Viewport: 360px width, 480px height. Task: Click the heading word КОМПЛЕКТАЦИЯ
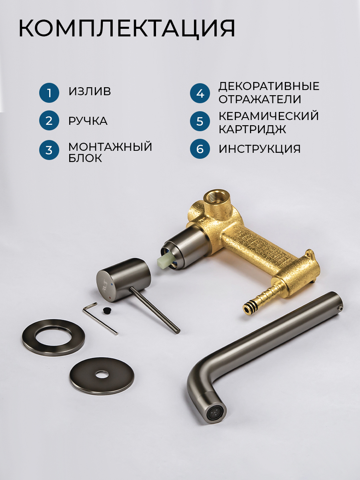tap(127, 28)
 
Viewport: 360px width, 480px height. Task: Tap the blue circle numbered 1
tap(49, 93)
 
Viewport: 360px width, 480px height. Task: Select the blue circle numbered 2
tap(49, 120)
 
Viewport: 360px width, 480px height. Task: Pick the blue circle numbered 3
tap(49, 150)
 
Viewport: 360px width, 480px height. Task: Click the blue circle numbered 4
tap(200, 93)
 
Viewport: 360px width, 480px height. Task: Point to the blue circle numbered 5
tap(200, 121)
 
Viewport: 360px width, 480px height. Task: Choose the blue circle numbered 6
tap(200, 149)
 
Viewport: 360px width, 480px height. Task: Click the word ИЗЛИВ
tap(90, 91)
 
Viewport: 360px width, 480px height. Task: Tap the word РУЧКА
tap(88, 121)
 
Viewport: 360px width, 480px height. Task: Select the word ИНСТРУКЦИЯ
tap(260, 149)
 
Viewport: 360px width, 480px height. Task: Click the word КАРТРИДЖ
tap(252, 129)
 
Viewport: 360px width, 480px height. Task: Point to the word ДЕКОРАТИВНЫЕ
tap(269, 86)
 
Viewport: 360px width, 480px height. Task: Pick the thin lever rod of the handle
tap(155, 311)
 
